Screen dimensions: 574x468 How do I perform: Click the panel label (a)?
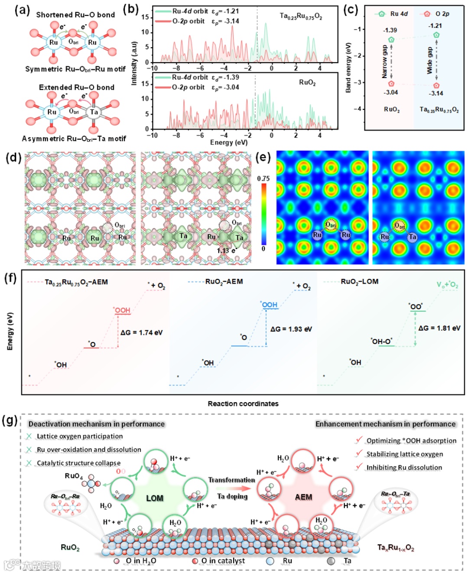click(x=22, y=10)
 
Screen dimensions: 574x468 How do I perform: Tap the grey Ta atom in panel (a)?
click(x=94, y=112)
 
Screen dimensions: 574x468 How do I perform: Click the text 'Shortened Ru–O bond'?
click(x=75, y=15)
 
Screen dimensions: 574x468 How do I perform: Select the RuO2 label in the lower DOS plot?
click(x=307, y=82)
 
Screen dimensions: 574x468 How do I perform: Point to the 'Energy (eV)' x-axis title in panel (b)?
click(x=228, y=142)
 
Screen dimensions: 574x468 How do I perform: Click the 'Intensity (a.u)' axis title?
click(x=134, y=63)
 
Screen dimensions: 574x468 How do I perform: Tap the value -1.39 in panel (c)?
click(x=390, y=30)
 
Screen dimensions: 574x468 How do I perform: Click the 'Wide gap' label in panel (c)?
click(x=429, y=61)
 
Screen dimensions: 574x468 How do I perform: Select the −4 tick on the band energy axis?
click(x=357, y=108)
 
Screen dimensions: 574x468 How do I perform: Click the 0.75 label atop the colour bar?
click(x=263, y=178)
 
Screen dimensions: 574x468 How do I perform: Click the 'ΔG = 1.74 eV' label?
click(x=141, y=332)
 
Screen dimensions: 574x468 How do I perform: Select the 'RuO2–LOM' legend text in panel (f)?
click(x=359, y=282)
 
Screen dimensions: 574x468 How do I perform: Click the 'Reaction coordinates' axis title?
click(x=243, y=403)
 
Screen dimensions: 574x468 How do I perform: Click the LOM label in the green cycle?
click(x=155, y=498)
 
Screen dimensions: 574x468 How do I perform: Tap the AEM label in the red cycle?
click(x=303, y=497)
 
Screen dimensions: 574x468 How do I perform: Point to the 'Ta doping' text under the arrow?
click(x=232, y=496)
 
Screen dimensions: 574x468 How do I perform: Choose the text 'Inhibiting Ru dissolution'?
click(x=404, y=467)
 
